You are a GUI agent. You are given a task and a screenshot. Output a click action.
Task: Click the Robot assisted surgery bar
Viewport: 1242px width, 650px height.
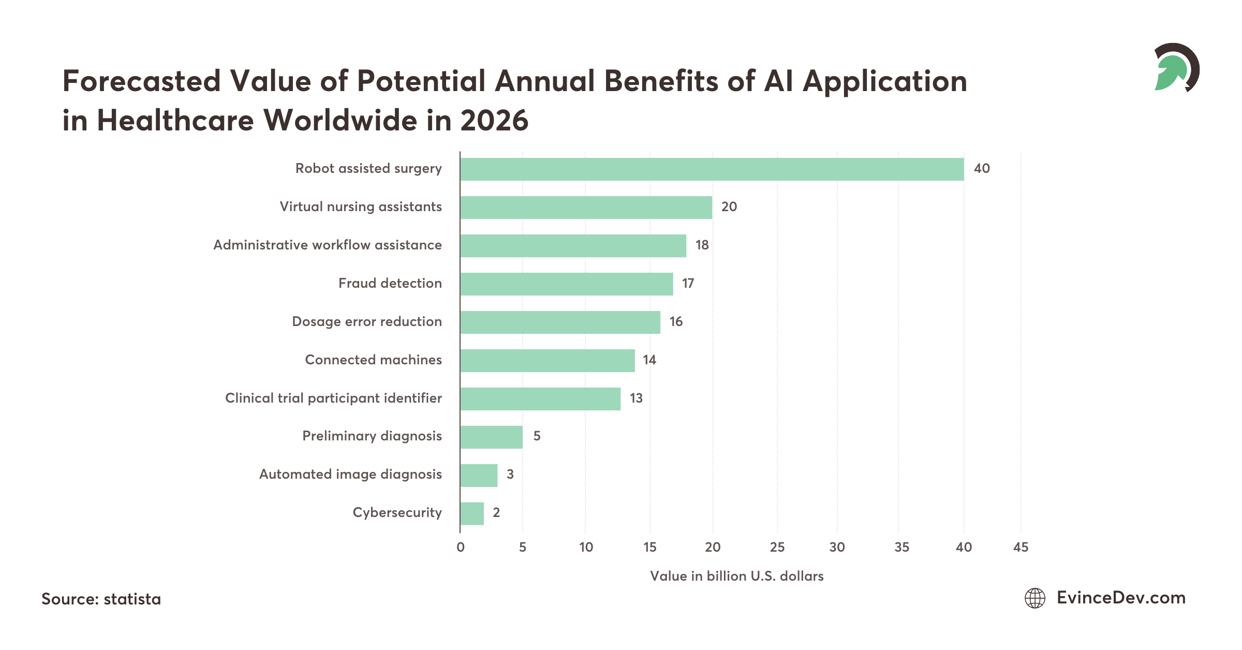point(712,169)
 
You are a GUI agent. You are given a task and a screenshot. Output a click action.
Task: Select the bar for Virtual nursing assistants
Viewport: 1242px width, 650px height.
point(586,208)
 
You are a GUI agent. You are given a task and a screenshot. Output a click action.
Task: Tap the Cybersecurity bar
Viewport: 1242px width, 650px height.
point(472,513)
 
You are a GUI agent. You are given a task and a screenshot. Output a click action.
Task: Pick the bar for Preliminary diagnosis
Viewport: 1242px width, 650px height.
point(491,437)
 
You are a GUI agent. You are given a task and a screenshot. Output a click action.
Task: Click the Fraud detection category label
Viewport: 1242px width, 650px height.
point(390,283)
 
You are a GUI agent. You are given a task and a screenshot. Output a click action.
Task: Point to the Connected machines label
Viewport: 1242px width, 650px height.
point(373,360)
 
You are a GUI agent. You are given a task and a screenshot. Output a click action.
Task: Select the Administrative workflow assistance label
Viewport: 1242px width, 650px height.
point(328,245)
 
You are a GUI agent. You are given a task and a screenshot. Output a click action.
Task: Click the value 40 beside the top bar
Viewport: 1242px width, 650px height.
point(981,169)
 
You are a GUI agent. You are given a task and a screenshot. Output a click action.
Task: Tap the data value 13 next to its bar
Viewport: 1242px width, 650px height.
point(635,398)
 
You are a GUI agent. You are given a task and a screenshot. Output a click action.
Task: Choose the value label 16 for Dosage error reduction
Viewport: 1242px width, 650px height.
point(675,321)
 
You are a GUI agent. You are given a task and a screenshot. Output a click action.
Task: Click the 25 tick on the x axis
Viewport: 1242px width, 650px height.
point(777,547)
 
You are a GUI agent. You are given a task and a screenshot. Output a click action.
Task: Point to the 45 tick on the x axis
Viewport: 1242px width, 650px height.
point(1021,547)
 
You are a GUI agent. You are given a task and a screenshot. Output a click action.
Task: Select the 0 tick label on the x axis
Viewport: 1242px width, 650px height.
point(460,547)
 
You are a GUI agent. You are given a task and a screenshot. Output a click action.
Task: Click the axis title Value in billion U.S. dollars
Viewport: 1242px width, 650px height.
point(736,576)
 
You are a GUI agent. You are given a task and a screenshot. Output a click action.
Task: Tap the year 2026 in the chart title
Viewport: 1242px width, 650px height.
point(494,120)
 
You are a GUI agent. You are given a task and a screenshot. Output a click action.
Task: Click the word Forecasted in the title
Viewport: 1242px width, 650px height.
point(141,81)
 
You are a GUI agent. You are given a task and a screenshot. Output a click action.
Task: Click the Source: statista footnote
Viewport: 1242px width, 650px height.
point(101,599)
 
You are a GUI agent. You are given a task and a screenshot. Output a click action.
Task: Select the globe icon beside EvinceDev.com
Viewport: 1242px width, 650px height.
point(1035,598)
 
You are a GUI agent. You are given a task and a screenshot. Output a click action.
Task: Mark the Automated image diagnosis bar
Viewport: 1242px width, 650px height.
point(479,475)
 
